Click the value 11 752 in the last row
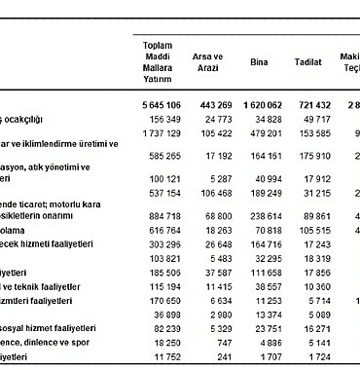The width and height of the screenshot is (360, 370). click(x=164, y=357)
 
